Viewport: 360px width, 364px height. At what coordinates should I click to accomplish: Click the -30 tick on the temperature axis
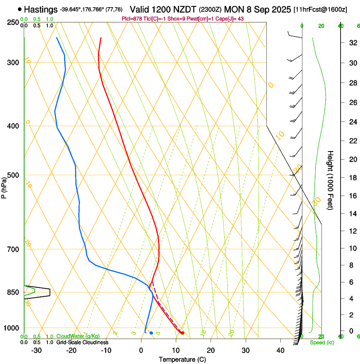(36, 350)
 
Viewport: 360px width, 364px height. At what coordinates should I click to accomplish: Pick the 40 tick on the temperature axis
(280, 350)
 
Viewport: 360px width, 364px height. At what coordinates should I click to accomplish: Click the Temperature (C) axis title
(182, 359)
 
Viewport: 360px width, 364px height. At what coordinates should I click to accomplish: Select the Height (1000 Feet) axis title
(331, 180)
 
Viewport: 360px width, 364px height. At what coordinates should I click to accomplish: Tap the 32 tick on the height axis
(352, 43)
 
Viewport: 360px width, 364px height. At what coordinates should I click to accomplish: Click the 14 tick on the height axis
(352, 214)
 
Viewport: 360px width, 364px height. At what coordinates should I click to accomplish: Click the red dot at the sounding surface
(182, 333)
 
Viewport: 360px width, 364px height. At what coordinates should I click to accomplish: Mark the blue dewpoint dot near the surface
(151, 333)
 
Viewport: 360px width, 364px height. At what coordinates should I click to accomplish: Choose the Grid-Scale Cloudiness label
(82, 342)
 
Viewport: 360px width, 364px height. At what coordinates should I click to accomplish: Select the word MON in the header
(234, 9)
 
